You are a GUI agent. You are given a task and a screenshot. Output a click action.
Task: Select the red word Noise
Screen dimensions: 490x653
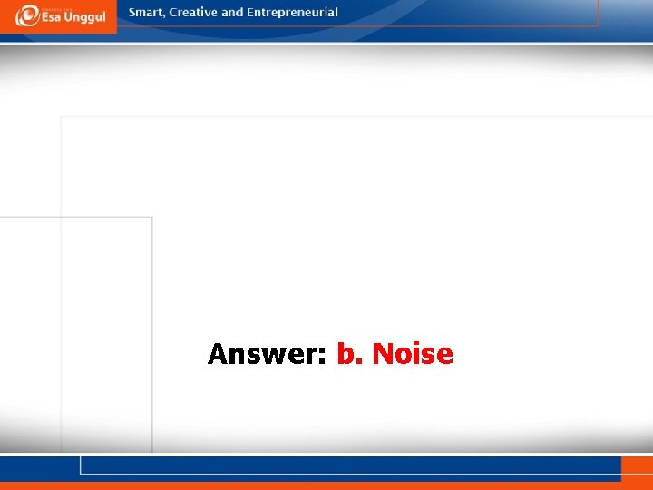click(x=413, y=353)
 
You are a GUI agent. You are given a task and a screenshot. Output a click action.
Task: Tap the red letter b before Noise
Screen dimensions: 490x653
click(x=346, y=353)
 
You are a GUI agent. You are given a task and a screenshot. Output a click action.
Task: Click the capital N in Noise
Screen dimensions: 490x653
click(x=382, y=353)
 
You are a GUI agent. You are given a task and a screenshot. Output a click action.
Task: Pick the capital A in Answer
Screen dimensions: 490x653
click(x=219, y=353)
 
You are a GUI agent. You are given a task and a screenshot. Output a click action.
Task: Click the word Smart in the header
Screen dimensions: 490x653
click(x=147, y=13)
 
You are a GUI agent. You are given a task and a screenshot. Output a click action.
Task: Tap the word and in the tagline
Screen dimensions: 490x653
click(x=233, y=13)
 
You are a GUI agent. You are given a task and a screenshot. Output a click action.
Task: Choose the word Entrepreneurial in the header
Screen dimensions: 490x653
click(x=292, y=13)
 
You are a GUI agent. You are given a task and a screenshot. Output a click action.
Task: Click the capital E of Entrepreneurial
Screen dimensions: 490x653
click(x=250, y=13)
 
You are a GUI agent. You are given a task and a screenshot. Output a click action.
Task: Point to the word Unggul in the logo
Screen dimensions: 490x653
click(x=87, y=18)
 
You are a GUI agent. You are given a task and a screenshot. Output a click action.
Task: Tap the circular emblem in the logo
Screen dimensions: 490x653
click(x=25, y=15)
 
